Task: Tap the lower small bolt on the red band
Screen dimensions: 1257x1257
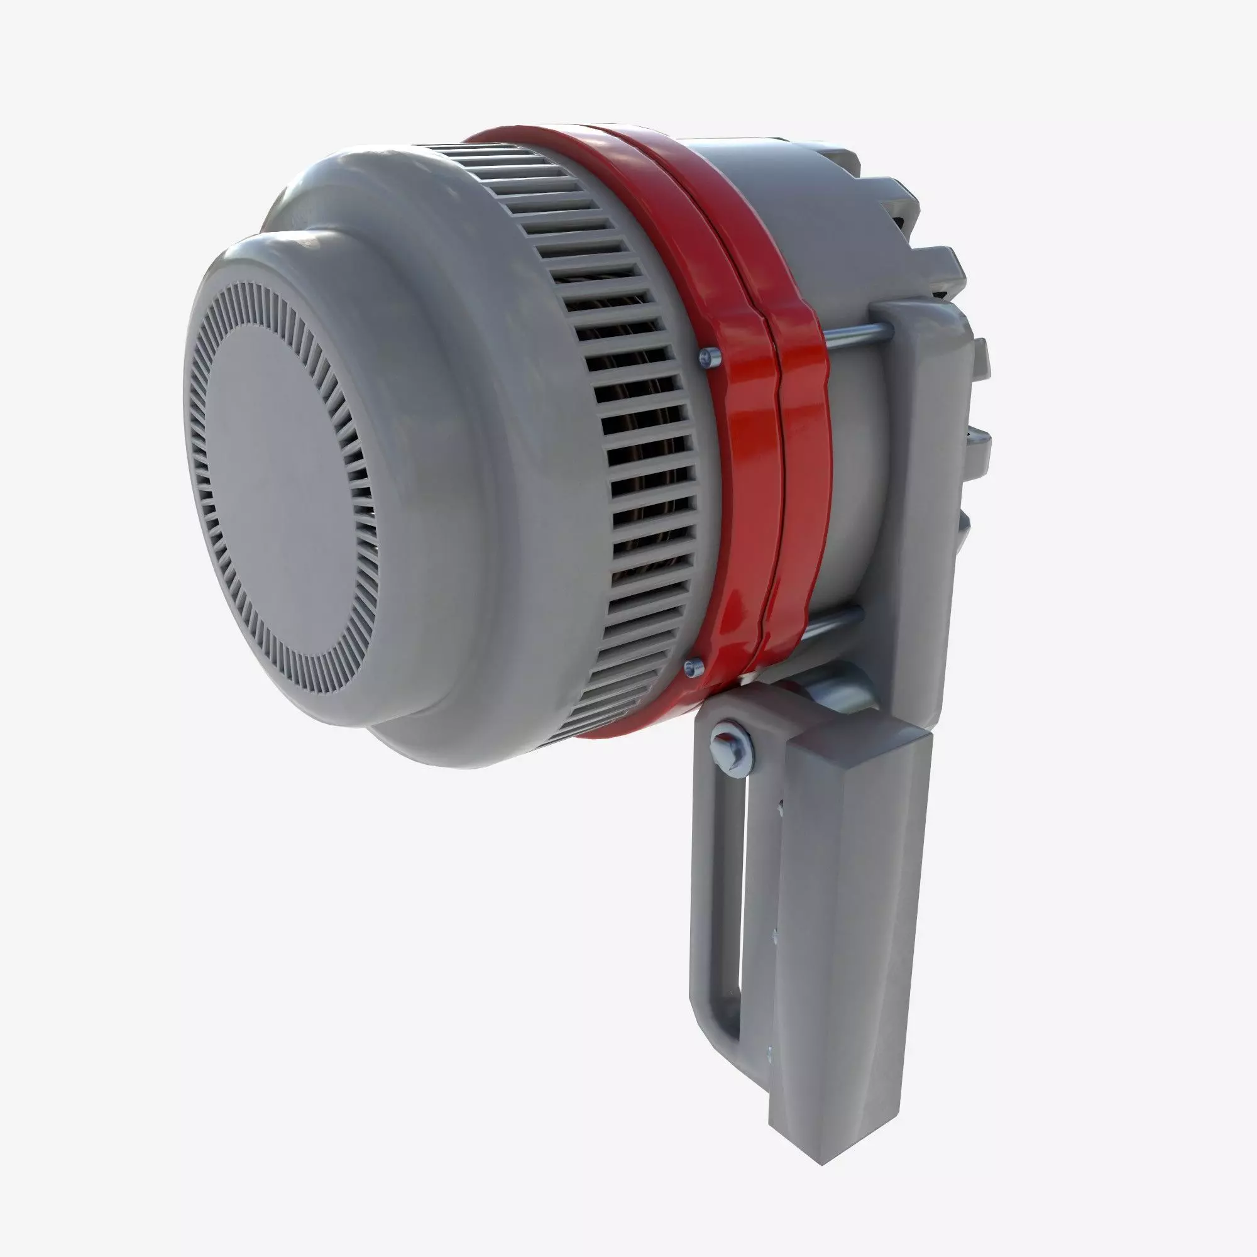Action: click(694, 665)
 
